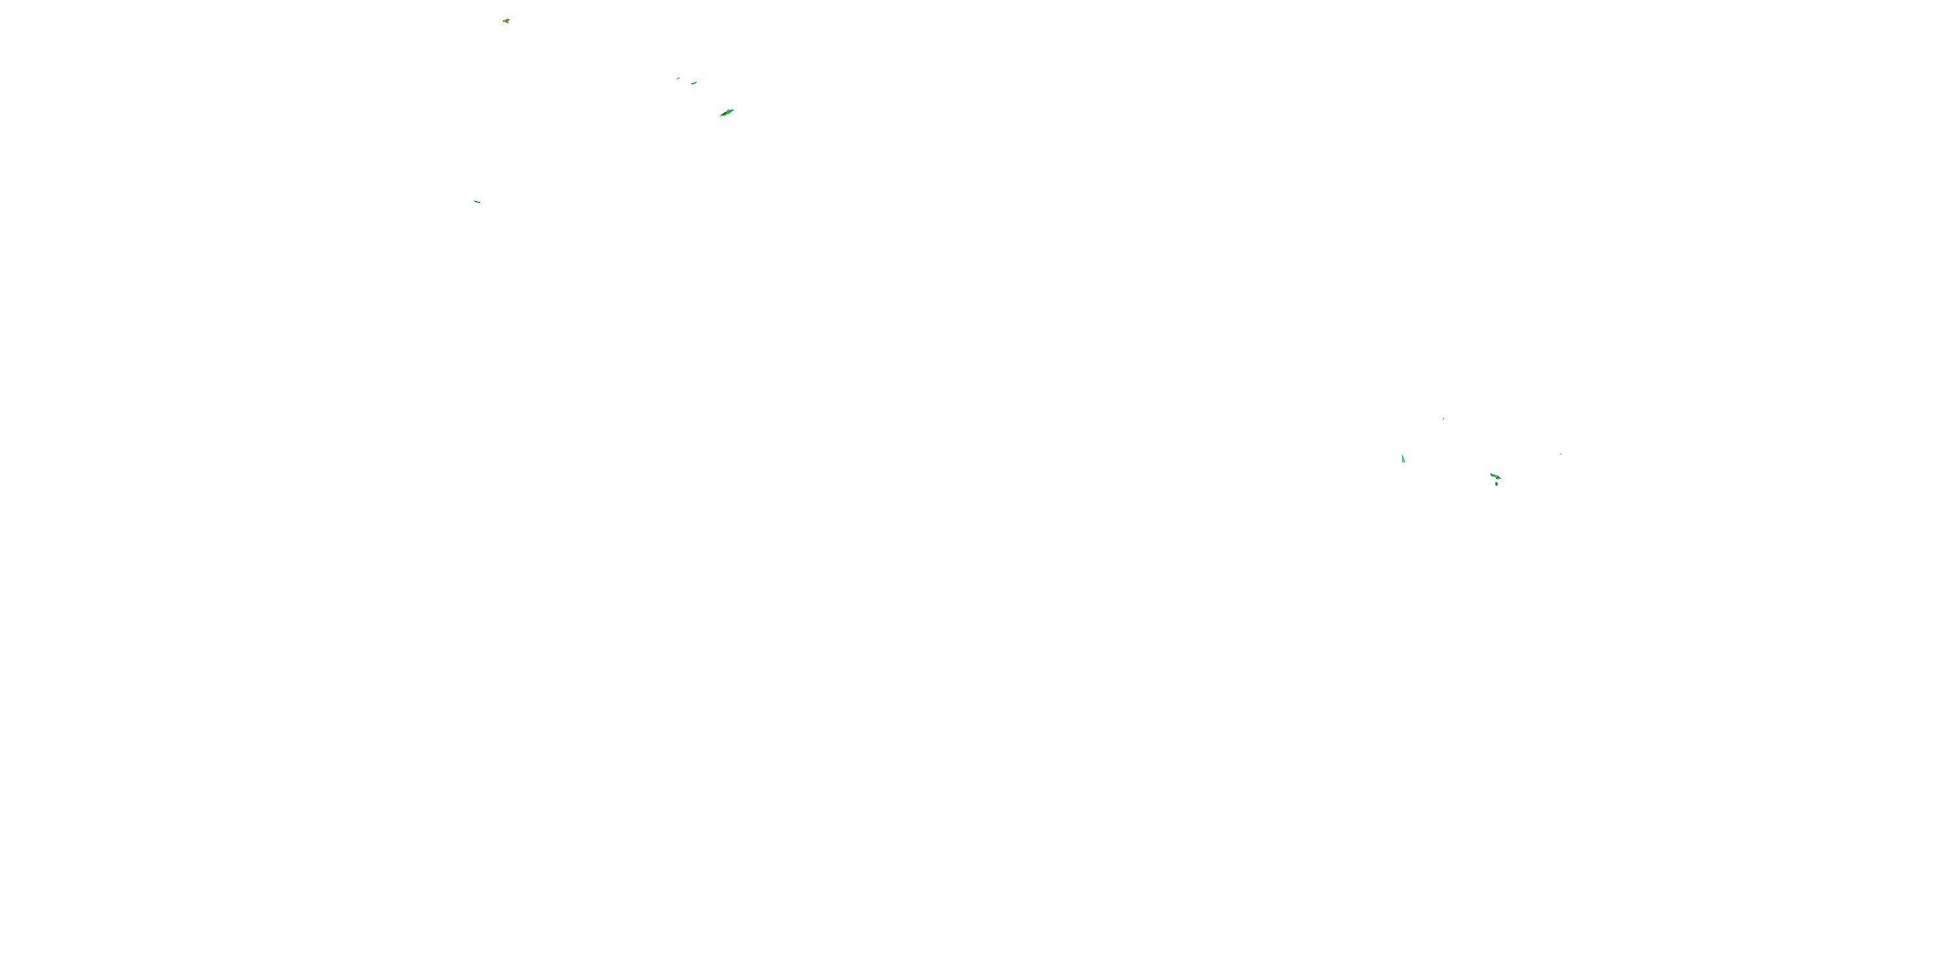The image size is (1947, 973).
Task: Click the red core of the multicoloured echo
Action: [506, 21]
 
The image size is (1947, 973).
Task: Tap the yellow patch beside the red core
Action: [504, 21]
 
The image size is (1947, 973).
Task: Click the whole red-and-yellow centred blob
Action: [506, 21]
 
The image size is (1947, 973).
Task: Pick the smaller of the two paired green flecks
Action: [678, 78]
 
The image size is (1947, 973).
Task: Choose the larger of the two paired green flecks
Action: [694, 82]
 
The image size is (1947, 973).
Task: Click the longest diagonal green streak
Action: [726, 113]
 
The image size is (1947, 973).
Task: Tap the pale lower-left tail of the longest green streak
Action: [721, 115]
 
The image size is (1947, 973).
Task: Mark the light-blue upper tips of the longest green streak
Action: [731, 110]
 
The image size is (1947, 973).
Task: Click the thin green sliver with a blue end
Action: [477, 202]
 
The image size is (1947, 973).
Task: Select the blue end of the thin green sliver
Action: [479, 202]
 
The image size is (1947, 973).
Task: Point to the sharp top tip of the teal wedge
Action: [1402, 455]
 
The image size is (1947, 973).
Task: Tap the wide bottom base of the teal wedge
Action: [1404, 462]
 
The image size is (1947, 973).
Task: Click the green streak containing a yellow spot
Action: [1495, 476]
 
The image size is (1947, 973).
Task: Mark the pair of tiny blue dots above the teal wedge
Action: [1443, 418]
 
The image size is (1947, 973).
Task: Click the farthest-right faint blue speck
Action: [1561, 454]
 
